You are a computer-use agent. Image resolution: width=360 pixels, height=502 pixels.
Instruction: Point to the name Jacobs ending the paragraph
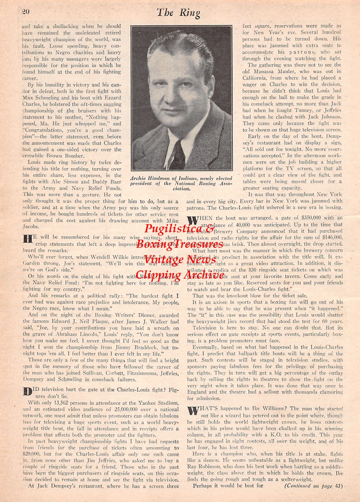[x=31, y=227]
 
